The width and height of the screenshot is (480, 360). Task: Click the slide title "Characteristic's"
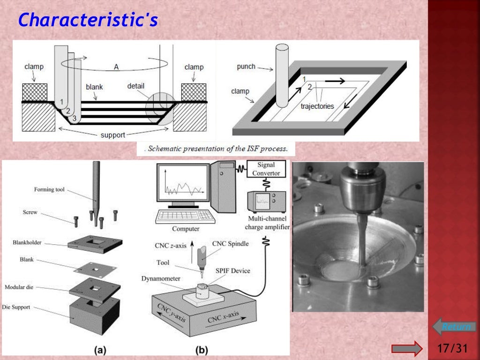tap(88, 20)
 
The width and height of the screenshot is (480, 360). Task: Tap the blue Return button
tap(454, 327)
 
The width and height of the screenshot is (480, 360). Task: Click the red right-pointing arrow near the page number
tap(407, 348)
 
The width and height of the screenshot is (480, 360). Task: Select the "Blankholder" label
tap(27, 243)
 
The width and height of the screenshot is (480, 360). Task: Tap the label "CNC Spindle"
tap(230, 243)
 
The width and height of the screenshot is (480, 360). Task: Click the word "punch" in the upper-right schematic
tap(246, 67)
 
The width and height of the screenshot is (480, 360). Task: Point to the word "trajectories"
tap(317, 106)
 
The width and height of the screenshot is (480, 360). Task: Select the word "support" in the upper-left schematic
tap(113, 135)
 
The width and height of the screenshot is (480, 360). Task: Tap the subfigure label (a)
tap(100, 349)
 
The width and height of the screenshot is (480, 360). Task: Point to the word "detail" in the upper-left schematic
tap(136, 86)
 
